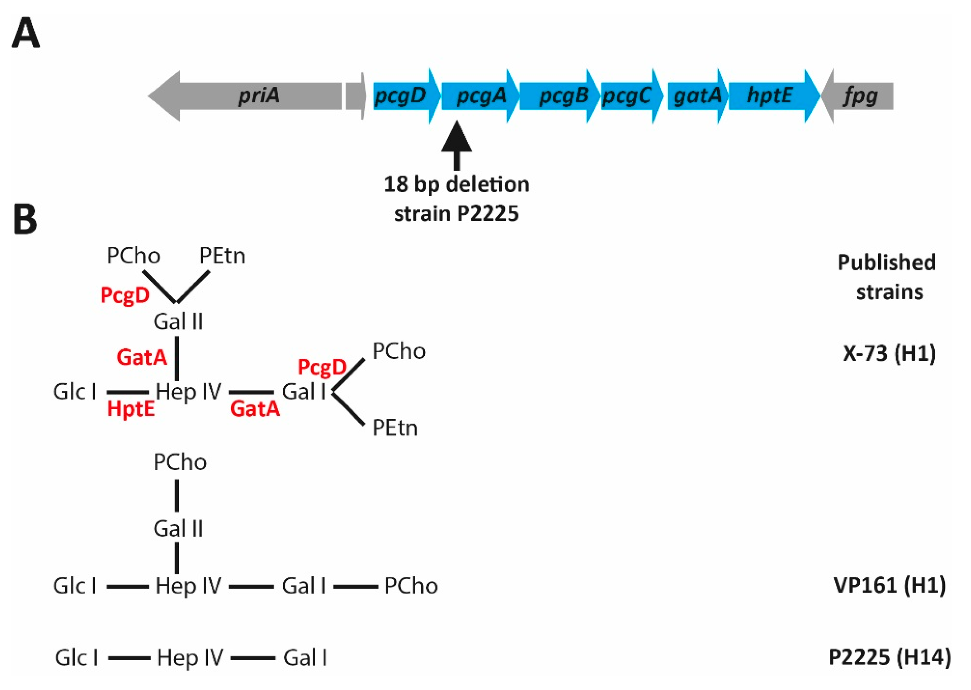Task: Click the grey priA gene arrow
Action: point(255,96)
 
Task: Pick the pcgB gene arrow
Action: point(559,96)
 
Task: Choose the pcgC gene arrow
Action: point(630,96)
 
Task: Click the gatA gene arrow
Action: point(697,96)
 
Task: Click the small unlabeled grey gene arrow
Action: point(355,96)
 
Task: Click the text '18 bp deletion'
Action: point(457,185)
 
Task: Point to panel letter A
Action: point(25,34)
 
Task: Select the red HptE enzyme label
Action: point(131,409)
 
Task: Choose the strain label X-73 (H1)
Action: point(889,354)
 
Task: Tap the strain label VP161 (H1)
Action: point(889,586)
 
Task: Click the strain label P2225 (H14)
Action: point(889,658)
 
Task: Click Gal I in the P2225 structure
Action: point(305,658)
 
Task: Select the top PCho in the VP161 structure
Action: point(180,462)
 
